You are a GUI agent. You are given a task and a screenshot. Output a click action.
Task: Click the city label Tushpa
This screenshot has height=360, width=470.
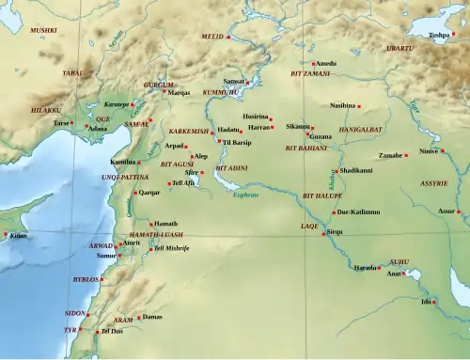pos(439,35)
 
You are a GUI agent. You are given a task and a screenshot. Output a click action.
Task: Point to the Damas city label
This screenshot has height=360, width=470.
pos(150,317)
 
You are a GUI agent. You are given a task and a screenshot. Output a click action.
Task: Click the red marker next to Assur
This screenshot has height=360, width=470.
pos(459,211)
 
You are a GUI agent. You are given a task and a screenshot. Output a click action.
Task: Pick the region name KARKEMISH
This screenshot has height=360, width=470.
pos(188,131)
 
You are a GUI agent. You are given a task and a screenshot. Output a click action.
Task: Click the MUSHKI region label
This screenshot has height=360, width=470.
pos(43,30)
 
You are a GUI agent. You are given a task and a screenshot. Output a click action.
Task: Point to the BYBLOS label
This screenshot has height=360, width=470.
pos(86,279)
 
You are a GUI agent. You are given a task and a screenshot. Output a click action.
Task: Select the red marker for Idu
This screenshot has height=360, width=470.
pos(434,302)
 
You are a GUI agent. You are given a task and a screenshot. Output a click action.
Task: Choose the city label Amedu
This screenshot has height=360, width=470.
pos(325,63)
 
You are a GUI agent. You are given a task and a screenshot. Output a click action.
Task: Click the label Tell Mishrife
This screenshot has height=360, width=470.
pos(171,248)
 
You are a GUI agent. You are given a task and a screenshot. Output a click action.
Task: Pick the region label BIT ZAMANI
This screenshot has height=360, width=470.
pos(310,72)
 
